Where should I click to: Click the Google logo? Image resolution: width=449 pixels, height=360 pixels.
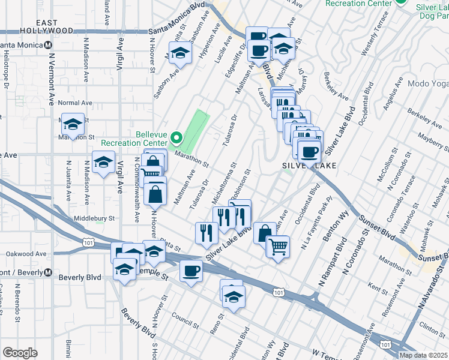tap(19, 353)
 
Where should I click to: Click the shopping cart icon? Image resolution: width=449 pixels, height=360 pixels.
tap(278, 245)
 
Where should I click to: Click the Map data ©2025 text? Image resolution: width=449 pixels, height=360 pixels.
tap(422, 355)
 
